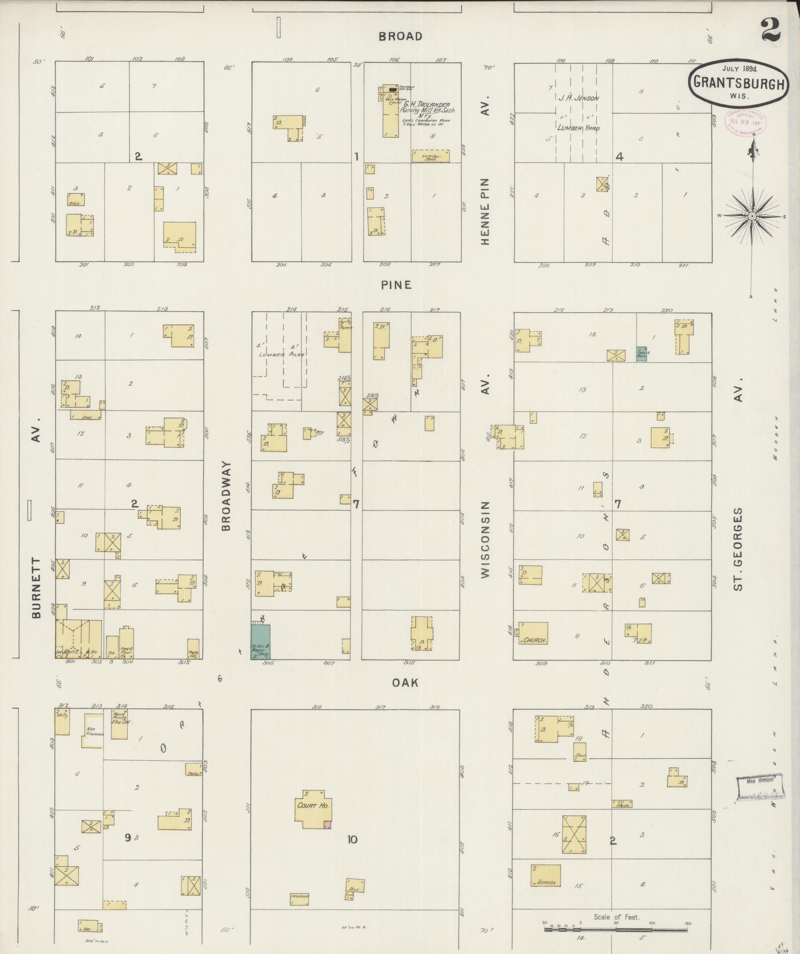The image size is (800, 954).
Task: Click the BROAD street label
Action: point(400,36)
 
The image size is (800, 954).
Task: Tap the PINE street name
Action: point(396,285)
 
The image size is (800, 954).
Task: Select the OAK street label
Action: point(406,683)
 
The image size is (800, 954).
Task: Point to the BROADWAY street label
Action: point(225,495)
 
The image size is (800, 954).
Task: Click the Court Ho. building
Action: point(313,806)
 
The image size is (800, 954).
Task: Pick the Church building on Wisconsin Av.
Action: point(534,634)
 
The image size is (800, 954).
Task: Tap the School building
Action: point(545,876)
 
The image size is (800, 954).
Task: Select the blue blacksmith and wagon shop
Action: point(260,641)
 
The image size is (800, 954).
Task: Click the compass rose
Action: point(752,216)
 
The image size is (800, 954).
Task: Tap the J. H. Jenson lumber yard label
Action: point(578,98)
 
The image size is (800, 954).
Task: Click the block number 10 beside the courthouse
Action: point(352,839)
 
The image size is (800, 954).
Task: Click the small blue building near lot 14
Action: point(642,353)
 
